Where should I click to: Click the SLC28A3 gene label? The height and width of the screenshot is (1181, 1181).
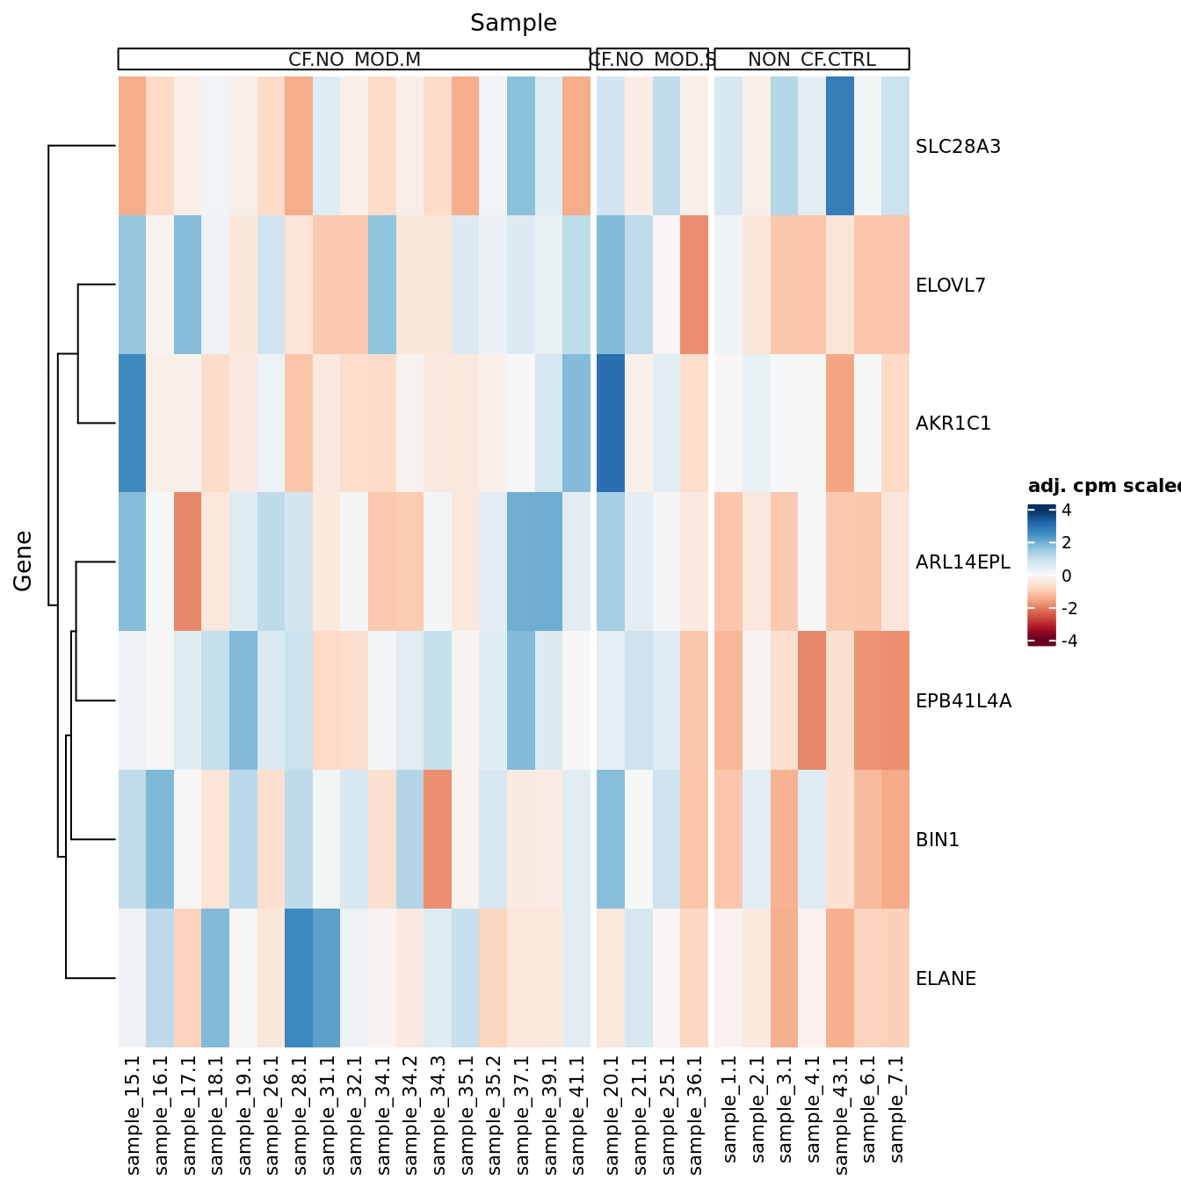pos(958,147)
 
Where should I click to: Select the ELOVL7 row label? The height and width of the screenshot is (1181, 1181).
pos(950,286)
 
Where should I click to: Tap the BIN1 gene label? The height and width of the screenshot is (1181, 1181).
pos(938,840)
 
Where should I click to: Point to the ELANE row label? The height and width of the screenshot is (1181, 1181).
pos(946,979)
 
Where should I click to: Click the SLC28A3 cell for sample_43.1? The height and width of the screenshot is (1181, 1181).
pos(840,147)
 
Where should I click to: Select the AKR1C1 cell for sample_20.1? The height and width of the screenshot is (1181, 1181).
pos(611,424)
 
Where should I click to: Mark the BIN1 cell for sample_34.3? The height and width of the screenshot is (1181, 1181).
pos(438,839)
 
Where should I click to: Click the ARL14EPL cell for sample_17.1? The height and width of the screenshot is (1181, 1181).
pos(188,562)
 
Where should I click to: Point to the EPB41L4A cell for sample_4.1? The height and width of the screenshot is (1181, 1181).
pos(813,700)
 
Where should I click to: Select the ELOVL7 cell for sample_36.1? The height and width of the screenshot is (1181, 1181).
pos(694,286)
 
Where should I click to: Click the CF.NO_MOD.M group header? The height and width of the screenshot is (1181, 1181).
pos(354,59)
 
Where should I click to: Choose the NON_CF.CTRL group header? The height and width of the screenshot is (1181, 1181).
pos(812,59)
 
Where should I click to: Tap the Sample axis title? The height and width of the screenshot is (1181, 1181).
pos(513,23)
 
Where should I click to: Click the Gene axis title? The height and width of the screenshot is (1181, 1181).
pos(23,561)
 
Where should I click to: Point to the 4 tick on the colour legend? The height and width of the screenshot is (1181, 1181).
pos(1066,511)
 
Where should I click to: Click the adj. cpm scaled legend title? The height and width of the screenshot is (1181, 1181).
pos(1104,487)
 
